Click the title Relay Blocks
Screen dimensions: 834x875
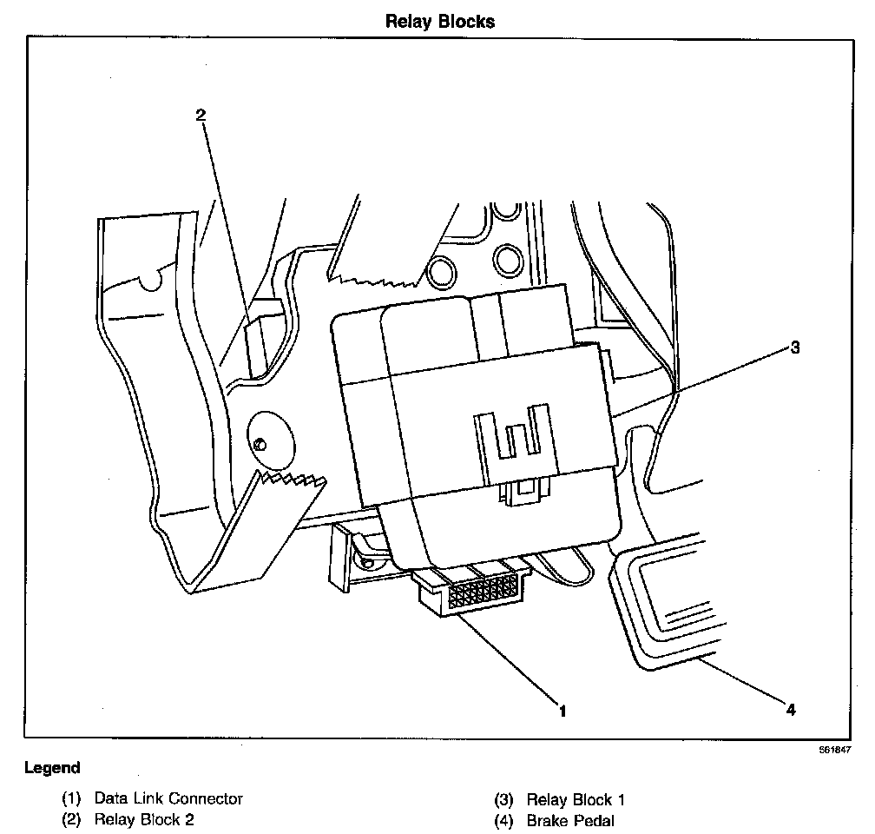[439, 22]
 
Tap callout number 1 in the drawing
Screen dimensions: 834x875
[562, 712]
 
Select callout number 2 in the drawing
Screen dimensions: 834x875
[201, 116]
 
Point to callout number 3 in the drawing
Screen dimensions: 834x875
[794, 348]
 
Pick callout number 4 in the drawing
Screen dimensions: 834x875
[790, 710]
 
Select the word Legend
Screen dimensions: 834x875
[52, 767]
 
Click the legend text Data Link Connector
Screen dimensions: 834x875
[168, 798]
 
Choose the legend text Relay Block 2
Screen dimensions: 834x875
[145, 819]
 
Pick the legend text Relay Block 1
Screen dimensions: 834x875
[576, 800]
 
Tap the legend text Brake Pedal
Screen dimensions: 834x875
[569, 820]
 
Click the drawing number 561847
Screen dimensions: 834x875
[833, 748]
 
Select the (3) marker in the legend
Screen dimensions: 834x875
[504, 800]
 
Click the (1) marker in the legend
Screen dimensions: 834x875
[71, 798]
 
